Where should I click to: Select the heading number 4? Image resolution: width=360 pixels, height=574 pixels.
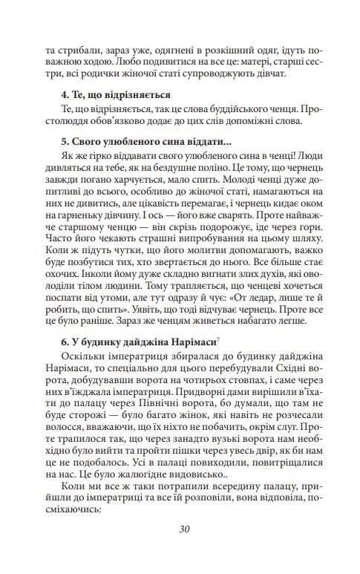coord(64,94)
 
